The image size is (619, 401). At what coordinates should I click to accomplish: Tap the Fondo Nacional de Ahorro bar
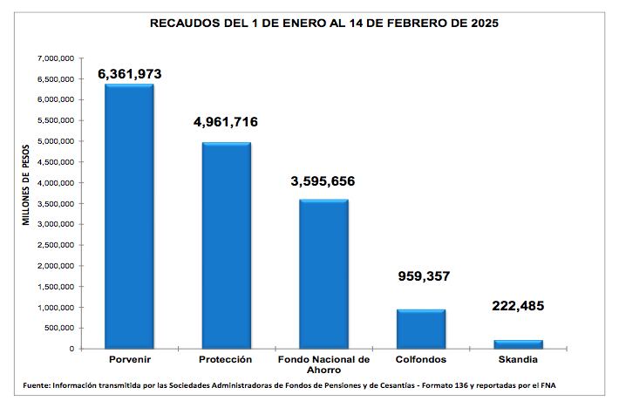point(323,274)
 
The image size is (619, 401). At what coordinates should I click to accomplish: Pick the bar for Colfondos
point(421,329)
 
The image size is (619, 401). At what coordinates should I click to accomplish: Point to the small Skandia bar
point(519,343)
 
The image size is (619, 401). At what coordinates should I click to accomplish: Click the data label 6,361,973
point(130,73)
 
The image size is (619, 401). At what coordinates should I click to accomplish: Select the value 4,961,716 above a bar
point(226,122)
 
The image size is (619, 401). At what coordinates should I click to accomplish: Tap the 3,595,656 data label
point(323,181)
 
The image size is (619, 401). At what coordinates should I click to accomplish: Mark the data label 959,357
point(421,276)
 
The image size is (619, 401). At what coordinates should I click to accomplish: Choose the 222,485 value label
point(519,306)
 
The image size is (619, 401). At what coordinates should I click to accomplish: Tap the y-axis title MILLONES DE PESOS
point(26,184)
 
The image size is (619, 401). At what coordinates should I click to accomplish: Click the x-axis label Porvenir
point(129,359)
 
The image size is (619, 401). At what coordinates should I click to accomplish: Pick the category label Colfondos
point(421,359)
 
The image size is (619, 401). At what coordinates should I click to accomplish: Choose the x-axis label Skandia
point(519,359)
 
